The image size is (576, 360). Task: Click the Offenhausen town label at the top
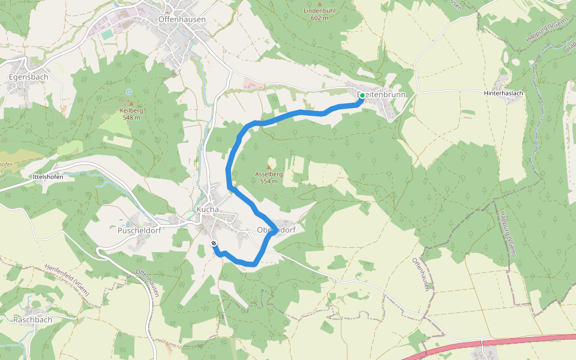[181, 19]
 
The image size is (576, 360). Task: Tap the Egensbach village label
[28, 77]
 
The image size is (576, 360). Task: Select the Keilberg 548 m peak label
[130, 114]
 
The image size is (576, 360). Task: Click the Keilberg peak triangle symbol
[131, 104]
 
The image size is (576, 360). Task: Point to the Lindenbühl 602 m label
[319, 14]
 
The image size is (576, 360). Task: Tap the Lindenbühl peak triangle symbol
[320, 5]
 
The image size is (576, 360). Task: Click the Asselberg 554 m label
[268, 177]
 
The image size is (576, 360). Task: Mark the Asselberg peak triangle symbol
[268, 167]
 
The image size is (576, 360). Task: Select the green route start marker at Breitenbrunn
[362, 95]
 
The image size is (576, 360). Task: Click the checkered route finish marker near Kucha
[214, 243]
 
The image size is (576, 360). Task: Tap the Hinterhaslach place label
[503, 94]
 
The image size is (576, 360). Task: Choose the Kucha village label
[208, 209]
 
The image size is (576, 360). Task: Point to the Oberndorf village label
[277, 230]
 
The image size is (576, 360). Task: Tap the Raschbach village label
[32, 320]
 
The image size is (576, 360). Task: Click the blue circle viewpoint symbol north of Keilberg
[129, 91]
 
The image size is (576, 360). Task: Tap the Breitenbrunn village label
[382, 95]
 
